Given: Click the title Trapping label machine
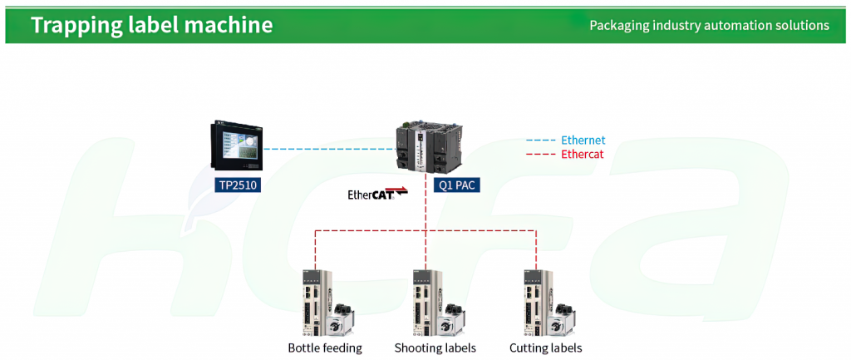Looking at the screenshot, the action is click(151, 25).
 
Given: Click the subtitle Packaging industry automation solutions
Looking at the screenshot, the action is click(710, 25).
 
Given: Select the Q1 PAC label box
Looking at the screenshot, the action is click(456, 185).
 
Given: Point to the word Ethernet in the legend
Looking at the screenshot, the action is click(583, 141).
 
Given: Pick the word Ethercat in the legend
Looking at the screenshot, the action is click(583, 154).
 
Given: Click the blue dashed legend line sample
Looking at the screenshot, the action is click(540, 141).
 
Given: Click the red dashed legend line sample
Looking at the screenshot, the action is click(540, 154).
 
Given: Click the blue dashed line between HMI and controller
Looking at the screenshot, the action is click(330, 148).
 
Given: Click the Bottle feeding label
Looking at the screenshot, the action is click(325, 348).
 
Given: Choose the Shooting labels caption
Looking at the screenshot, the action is click(435, 348).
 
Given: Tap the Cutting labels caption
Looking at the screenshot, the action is click(546, 348).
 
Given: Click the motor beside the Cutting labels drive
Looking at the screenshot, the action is click(561, 320).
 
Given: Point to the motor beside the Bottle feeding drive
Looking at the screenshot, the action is click(340, 320).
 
